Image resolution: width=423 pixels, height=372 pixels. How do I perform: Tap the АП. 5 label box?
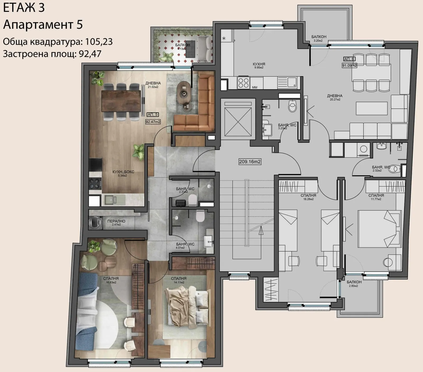pyautogui.click(x=153, y=114)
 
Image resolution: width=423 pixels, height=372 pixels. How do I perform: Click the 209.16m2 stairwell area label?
pyautogui.click(x=250, y=162)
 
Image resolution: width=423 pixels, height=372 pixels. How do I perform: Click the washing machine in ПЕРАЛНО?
pyautogui.click(x=95, y=222)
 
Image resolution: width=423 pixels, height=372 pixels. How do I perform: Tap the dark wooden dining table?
pyautogui.click(x=121, y=101)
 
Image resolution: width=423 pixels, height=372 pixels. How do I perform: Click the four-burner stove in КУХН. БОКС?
pyautogui.click(x=95, y=183)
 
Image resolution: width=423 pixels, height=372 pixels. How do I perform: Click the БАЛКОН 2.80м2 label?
pyautogui.click(x=354, y=284)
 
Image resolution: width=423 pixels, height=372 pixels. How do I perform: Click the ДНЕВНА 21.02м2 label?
pyautogui.click(x=153, y=85)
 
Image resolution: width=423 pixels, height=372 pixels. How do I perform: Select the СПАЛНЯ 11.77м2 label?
pyautogui.click(x=376, y=197)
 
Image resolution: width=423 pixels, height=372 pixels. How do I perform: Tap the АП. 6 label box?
pyautogui.click(x=349, y=59)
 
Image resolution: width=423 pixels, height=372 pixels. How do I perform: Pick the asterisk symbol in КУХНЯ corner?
pyautogui.click(x=224, y=38)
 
